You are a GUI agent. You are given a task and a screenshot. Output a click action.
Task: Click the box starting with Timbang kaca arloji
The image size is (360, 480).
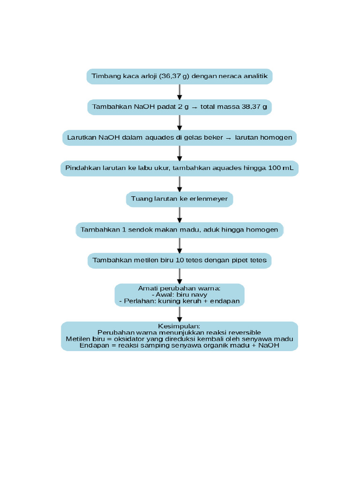180,76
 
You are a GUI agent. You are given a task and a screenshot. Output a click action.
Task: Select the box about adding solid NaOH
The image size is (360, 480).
180,107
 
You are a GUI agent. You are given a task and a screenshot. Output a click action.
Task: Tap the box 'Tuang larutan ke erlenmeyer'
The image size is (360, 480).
180,199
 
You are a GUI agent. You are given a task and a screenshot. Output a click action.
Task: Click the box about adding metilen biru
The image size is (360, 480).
180,261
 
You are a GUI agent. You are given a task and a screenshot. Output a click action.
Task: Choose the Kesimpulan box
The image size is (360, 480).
180,336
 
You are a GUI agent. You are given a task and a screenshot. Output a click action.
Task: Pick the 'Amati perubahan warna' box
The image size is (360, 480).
180,295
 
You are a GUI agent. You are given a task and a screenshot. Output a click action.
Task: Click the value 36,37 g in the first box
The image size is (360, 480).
174,76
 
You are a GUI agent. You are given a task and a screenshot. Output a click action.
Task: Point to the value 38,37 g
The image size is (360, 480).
255,107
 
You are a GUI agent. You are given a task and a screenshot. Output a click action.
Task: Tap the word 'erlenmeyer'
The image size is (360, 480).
209,199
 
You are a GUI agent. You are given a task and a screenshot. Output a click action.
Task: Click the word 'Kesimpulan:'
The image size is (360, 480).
180,326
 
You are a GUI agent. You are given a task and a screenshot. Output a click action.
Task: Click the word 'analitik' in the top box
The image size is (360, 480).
255,76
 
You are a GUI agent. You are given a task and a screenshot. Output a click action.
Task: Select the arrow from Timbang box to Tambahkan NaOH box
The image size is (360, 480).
180,92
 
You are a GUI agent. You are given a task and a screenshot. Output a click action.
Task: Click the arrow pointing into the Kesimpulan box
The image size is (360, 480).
180,314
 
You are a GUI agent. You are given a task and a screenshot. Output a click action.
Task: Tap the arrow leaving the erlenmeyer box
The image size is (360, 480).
180,214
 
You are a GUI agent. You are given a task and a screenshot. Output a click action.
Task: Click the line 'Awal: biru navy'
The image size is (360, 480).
180,295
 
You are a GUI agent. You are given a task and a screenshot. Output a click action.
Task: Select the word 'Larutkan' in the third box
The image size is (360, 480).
82,138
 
